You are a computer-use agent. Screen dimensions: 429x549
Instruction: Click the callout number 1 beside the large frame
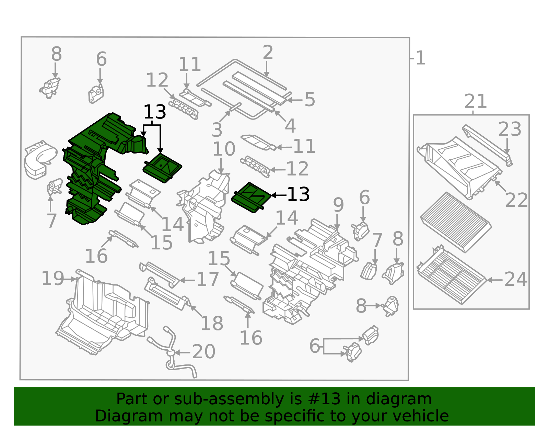pyautogui.click(x=420, y=58)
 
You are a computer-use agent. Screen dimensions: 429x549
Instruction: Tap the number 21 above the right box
pyautogui.click(x=476, y=102)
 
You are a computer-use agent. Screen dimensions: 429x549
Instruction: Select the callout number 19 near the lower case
pyautogui.click(x=52, y=279)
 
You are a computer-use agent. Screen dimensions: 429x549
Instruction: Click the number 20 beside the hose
pyautogui.click(x=203, y=352)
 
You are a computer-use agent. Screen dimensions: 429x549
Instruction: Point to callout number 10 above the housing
pyautogui.click(x=224, y=149)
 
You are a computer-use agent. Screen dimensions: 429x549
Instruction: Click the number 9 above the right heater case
pyautogui.click(x=338, y=205)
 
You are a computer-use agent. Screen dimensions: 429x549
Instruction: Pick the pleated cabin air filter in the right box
pyautogui.click(x=456, y=222)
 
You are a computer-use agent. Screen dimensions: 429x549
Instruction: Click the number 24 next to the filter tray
pyautogui.click(x=516, y=279)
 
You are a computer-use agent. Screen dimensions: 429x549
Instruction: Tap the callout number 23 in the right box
pyautogui.click(x=510, y=129)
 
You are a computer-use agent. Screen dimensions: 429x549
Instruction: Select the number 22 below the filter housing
pyautogui.click(x=516, y=200)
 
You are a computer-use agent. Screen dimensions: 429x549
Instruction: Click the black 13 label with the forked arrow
pyautogui.click(x=155, y=112)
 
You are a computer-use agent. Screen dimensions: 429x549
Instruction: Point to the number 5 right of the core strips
pyautogui.click(x=309, y=100)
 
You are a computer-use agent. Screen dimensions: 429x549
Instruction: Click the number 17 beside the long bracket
pyautogui.click(x=208, y=280)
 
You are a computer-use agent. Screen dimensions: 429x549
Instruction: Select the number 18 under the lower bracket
pyautogui.click(x=212, y=324)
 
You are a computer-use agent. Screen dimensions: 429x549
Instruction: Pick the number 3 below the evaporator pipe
pyautogui.click(x=217, y=130)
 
